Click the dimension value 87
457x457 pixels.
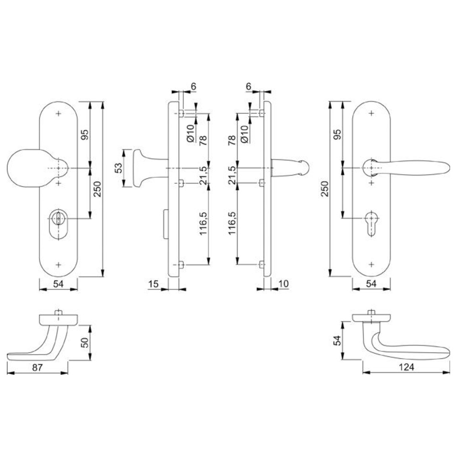[37, 367]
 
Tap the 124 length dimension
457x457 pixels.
[406, 367]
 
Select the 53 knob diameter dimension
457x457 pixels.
[119, 168]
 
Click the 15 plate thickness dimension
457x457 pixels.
[153, 284]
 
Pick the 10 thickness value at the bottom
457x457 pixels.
[283, 284]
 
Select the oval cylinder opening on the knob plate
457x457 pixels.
[58, 224]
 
